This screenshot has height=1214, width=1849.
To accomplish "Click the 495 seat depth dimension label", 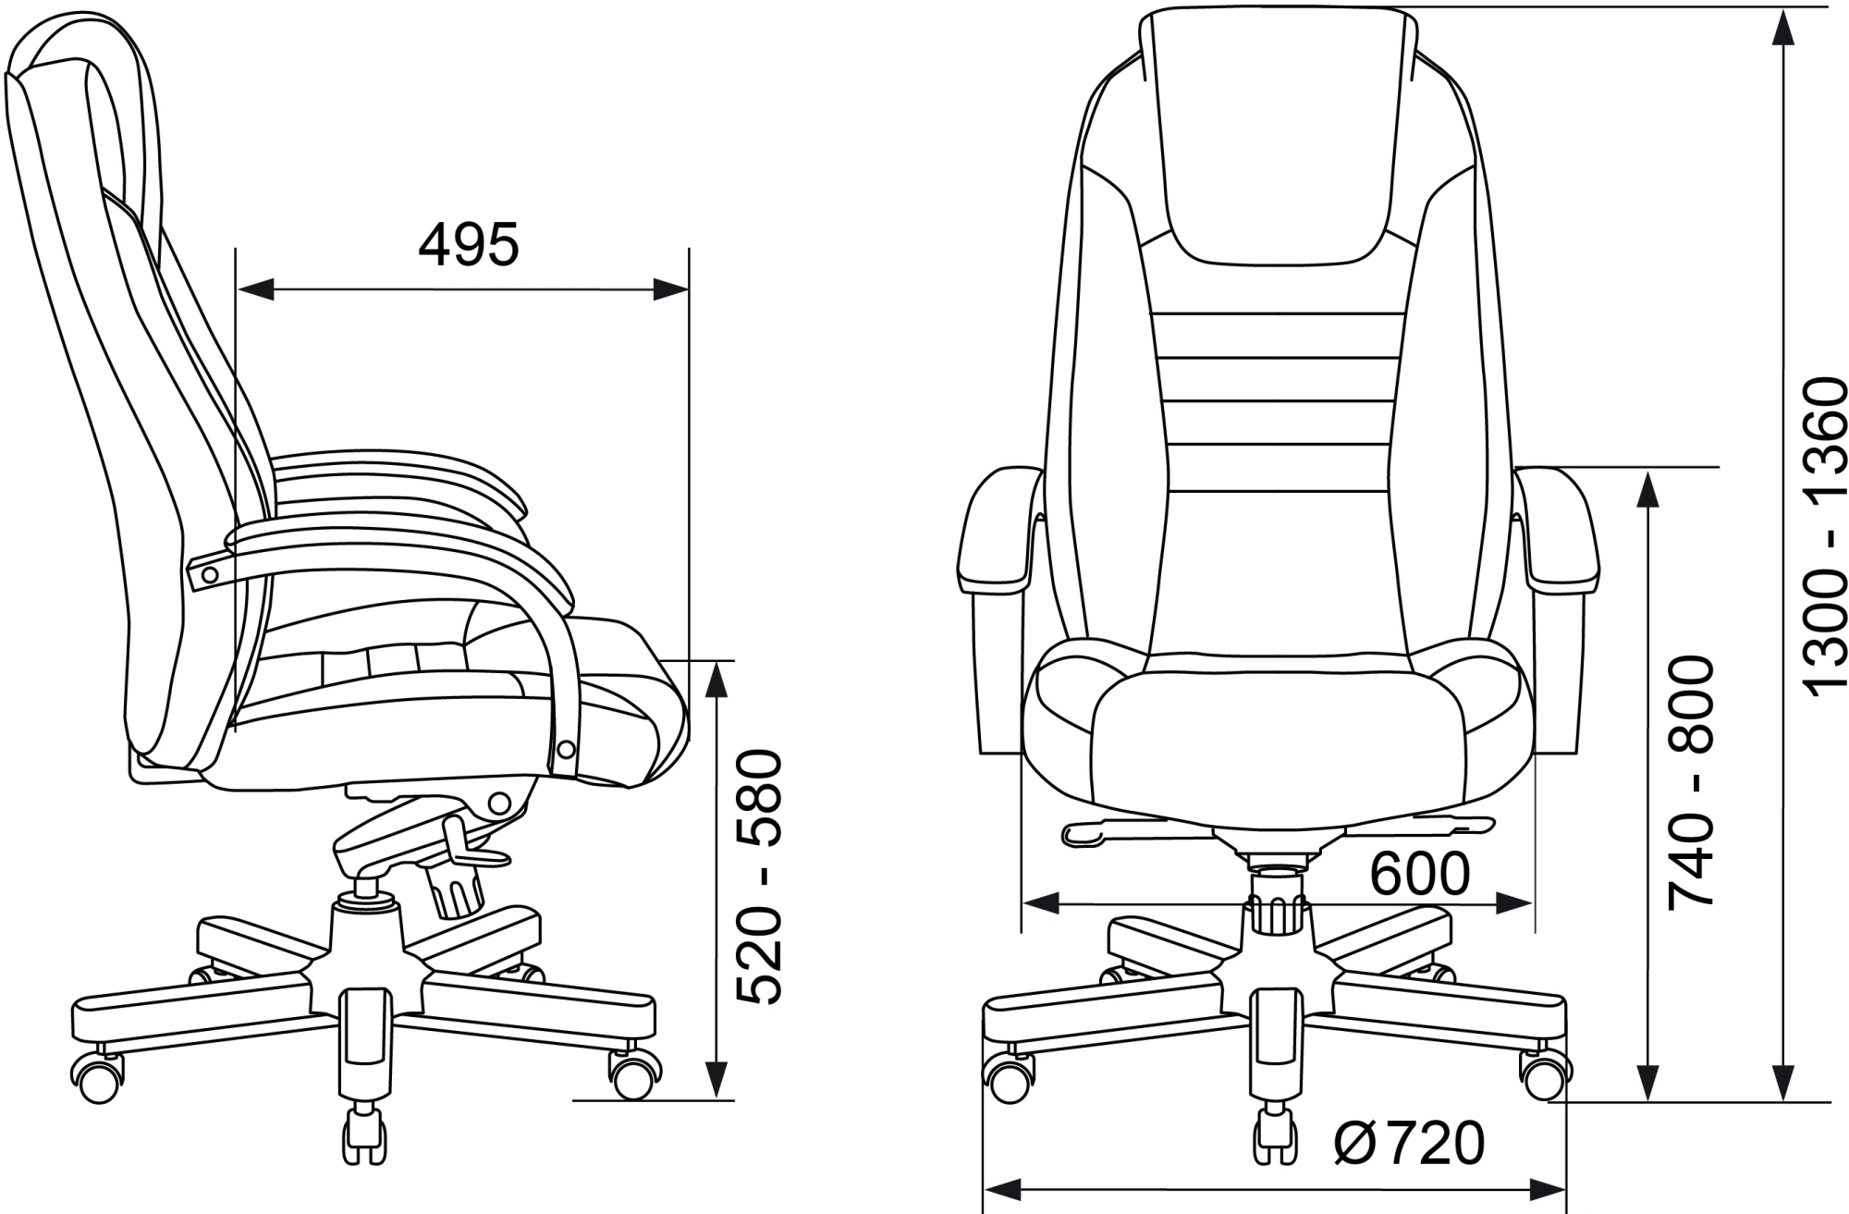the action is (470, 245).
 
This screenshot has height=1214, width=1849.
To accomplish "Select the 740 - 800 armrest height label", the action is (1691, 782).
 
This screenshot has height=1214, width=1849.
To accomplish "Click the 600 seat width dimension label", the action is (1419, 873).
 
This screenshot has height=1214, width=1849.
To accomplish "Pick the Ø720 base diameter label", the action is (1409, 1143).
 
